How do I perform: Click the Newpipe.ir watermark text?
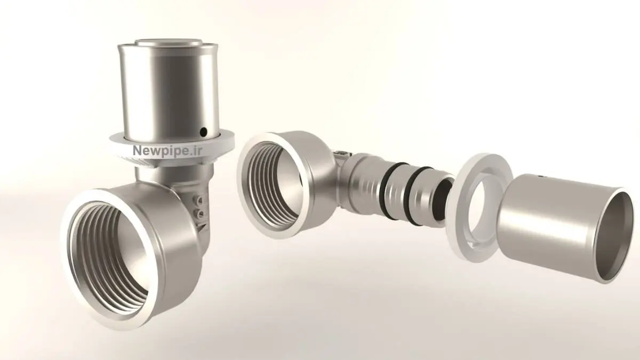(167, 150)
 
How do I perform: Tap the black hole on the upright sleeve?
(203, 132)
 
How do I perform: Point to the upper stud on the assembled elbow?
(198, 199)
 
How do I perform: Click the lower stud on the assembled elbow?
(199, 213)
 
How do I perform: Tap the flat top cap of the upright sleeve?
(169, 43)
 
